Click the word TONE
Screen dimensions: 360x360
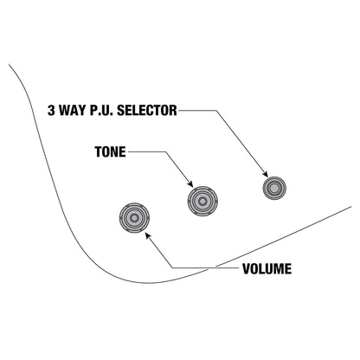click(111, 151)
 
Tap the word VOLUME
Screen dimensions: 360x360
click(267, 268)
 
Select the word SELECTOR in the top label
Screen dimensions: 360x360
click(147, 110)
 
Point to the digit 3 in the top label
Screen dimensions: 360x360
click(51, 110)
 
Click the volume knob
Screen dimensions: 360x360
click(134, 218)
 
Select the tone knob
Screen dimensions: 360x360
click(202, 201)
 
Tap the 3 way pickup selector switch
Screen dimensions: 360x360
click(274, 188)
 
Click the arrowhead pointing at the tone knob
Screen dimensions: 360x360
click(190, 183)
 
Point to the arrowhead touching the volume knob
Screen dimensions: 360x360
click(148, 235)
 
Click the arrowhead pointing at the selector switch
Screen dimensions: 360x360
click(266, 174)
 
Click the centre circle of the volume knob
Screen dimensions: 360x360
click(134, 218)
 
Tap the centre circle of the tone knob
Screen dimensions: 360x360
click(202, 201)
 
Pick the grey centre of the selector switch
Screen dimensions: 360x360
click(274, 188)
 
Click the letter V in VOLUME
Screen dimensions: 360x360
click(247, 268)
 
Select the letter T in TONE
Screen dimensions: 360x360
click(99, 151)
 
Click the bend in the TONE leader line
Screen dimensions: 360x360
click(166, 151)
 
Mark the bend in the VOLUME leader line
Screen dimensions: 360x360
click(172, 268)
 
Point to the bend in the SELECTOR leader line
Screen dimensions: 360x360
click(215, 110)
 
